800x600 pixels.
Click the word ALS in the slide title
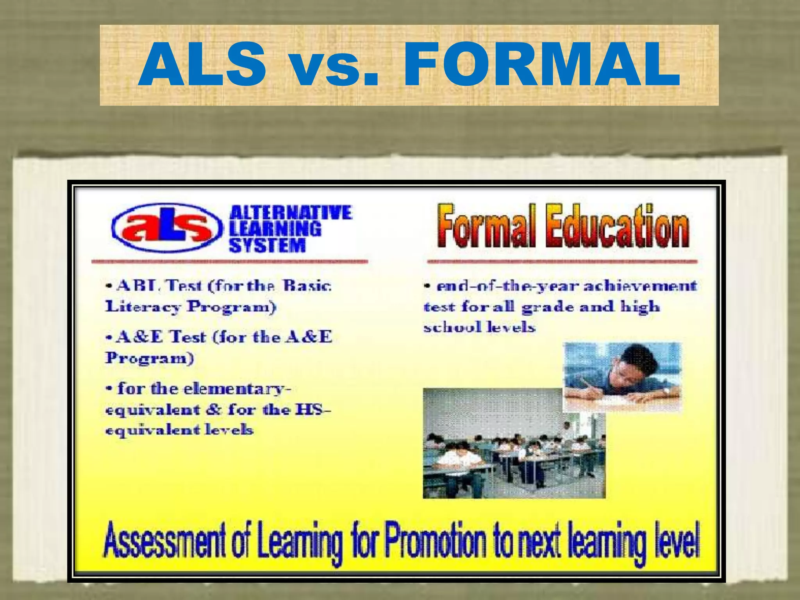tap(202, 64)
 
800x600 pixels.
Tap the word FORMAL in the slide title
tap(541, 64)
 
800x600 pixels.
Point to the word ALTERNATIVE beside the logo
tap(291, 213)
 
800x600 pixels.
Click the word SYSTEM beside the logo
tap(267, 246)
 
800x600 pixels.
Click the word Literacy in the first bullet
tap(143, 307)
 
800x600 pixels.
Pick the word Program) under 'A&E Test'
tap(149, 358)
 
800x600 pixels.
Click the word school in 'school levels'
tap(446, 327)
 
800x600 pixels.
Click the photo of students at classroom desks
tap(514, 443)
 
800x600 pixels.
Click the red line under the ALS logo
tap(229, 261)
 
